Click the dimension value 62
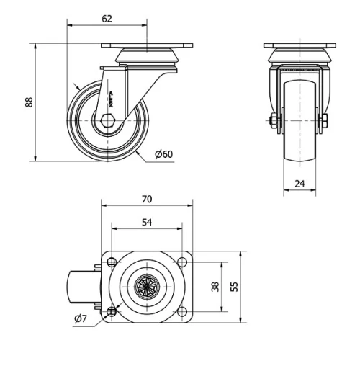107,19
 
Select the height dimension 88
30,102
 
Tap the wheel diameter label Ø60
164,153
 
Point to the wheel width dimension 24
300,184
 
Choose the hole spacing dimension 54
146,223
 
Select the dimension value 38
215,287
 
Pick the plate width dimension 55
234,287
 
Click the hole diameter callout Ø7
81,319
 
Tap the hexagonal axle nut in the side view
107,120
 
